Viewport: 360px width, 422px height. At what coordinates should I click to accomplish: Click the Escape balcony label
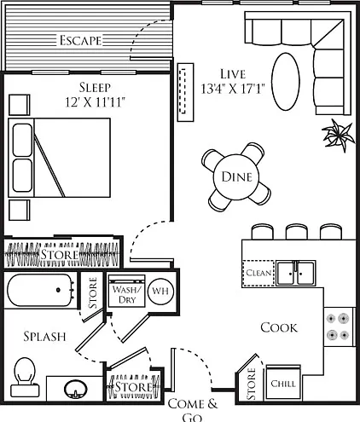point(80,40)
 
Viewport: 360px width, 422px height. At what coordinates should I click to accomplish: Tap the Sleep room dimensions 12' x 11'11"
point(96,102)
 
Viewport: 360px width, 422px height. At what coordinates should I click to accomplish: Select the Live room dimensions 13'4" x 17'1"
point(233,89)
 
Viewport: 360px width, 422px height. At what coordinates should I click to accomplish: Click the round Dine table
point(236,176)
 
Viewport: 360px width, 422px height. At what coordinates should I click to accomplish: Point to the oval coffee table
point(286,81)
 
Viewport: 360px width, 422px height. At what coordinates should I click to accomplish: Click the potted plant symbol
point(339,135)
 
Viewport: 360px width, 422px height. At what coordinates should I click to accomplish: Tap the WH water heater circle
point(160,291)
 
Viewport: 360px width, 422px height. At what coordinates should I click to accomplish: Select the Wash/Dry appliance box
point(126,291)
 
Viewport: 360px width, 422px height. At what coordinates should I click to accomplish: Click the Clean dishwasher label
point(258,273)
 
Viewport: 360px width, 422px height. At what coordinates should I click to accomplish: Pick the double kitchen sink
point(296,274)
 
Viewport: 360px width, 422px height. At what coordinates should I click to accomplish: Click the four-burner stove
point(338,327)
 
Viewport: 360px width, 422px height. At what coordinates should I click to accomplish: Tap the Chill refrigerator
point(283,383)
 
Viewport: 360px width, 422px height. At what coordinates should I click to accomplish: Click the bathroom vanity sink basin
point(75,390)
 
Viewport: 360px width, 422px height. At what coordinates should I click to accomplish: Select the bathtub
point(40,290)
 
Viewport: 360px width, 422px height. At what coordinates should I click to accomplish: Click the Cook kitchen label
point(279,327)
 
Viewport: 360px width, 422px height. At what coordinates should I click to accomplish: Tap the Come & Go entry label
point(193,409)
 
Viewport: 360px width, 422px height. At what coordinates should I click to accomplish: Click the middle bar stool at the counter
point(296,232)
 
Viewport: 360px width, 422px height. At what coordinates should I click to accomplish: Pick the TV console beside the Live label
point(186,92)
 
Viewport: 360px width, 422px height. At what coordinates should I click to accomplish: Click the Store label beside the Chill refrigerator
point(251,384)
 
